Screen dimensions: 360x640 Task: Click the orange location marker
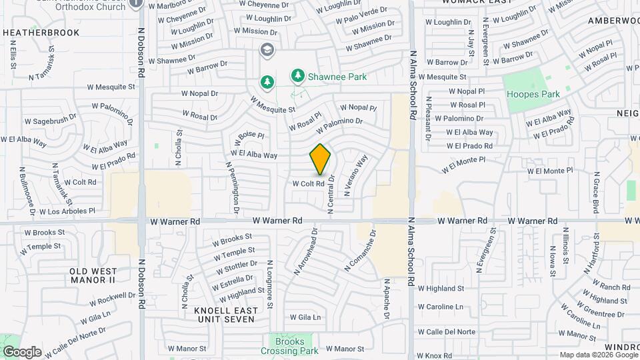(320, 159)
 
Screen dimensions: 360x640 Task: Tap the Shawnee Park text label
(337, 77)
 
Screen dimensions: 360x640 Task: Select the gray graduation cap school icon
(267, 50)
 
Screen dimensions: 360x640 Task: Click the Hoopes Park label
(533, 95)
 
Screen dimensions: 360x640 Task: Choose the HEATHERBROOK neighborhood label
(41, 33)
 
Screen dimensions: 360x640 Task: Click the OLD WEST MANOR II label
(93, 275)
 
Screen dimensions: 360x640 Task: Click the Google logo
(22, 352)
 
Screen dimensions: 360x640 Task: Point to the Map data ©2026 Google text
(598, 355)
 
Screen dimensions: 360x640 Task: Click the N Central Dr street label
(330, 193)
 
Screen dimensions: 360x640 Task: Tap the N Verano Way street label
(356, 175)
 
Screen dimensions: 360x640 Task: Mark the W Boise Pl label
(250, 137)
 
